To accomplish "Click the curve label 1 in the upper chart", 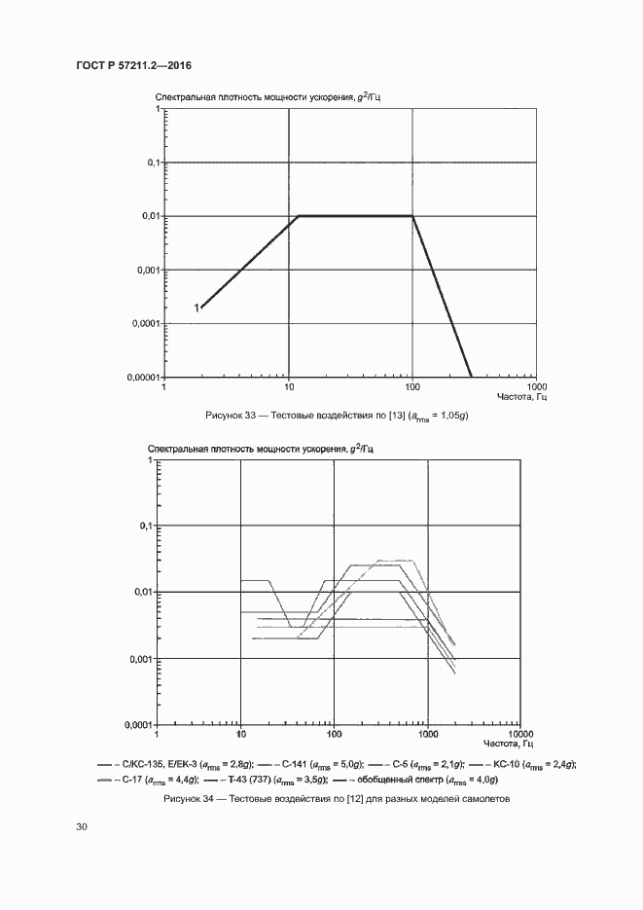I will tap(196, 308).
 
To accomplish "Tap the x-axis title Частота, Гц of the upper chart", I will tap(522, 396).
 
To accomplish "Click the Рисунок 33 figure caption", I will tap(330, 416).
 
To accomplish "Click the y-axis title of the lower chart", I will tap(261, 449).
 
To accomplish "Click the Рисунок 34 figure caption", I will tap(330, 800).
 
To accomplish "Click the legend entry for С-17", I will tap(150, 780).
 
